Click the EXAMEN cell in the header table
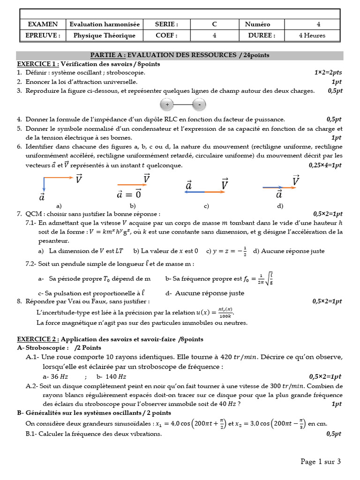coord(43,24)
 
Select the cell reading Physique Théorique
coord(105,35)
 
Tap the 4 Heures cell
coord(312,35)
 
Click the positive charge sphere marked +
coord(167,104)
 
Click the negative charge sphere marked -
coord(200,104)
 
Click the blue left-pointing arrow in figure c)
coord(194,192)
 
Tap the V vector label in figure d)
coord(296,180)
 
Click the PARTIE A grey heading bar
coord(180,55)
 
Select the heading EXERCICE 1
coord(38,64)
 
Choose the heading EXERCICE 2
coord(38,338)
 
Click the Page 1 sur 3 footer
coord(321,462)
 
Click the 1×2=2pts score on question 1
coord(328,73)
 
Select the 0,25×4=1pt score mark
coord(325,165)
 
